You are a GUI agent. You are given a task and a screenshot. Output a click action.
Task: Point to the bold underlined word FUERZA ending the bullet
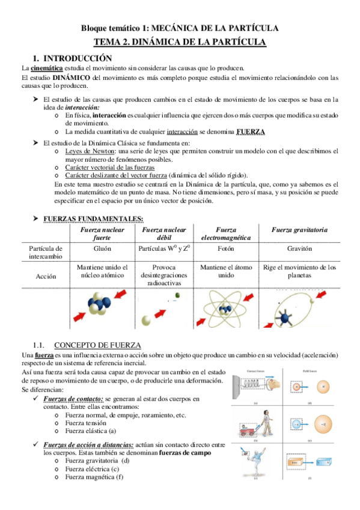(x=251, y=132)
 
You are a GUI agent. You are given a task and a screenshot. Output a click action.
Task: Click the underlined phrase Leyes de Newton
(x=91, y=151)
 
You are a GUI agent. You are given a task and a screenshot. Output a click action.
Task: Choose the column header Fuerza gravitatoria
(x=299, y=230)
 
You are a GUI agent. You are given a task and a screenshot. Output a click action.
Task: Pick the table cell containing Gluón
(x=103, y=248)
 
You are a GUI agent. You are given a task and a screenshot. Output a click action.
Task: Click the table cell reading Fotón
(x=226, y=248)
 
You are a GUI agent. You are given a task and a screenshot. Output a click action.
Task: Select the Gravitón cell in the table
(x=299, y=248)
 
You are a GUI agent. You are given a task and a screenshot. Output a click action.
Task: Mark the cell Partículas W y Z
(x=164, y=248)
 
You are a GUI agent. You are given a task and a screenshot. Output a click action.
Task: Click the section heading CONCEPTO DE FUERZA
(x=97, y=345)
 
